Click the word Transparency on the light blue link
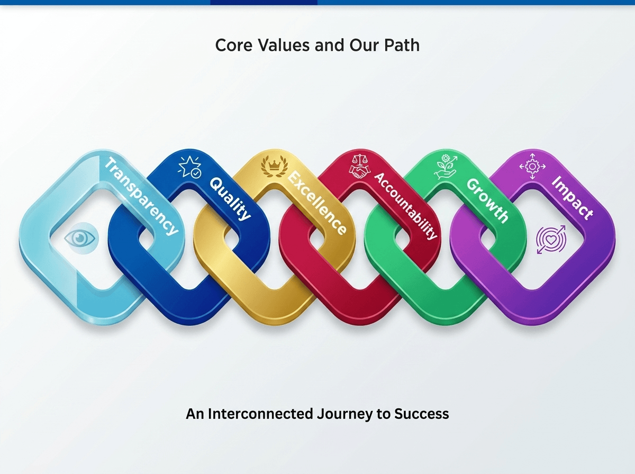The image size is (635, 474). [141, 196]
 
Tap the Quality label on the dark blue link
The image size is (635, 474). [230, 199]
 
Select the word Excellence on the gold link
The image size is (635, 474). [317, 203]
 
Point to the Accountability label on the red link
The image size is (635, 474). [405, 206]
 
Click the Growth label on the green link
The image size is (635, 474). [487, 200]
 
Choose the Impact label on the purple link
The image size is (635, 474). [573, 197]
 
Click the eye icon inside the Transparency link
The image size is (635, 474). [81, 238]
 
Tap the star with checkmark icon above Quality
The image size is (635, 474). [190, 167]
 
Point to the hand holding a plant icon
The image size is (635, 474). [446, 166]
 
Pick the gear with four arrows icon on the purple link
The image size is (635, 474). [532, 166]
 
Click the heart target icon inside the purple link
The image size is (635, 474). [550, 240]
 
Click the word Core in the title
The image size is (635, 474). [234, 45]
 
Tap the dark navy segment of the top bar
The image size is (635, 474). [264, 2]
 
